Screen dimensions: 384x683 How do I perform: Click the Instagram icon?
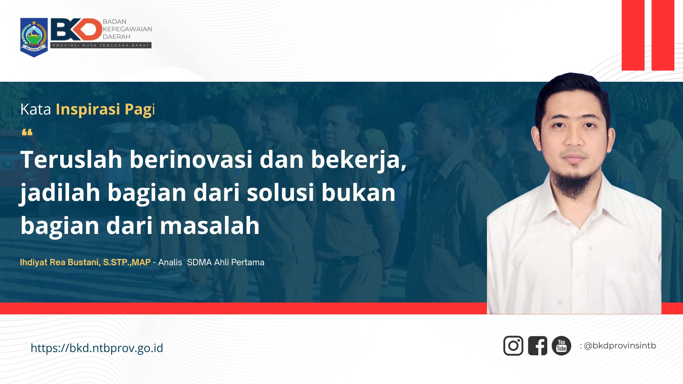513,346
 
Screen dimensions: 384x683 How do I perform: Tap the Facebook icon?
537,346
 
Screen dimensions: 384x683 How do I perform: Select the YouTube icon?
561,346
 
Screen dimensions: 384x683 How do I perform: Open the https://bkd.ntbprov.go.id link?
97,348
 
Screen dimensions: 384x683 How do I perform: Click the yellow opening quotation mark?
27,133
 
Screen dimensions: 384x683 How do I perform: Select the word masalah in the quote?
210,225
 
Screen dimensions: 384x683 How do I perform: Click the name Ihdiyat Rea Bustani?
60,262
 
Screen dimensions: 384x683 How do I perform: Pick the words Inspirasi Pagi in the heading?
105,109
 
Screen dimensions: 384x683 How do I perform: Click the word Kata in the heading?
36,109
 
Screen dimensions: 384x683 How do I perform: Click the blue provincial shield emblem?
34,37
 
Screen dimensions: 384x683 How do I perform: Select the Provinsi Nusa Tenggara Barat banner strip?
101,45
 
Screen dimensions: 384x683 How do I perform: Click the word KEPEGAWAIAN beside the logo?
127,29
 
